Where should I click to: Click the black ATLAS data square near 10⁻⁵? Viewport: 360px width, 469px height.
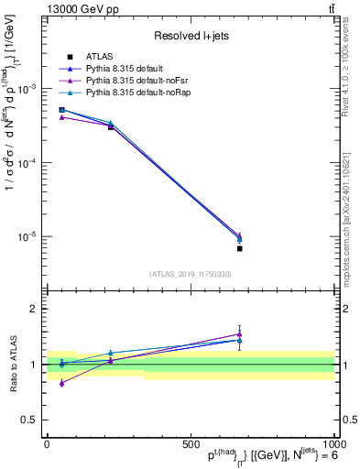coord(239,248)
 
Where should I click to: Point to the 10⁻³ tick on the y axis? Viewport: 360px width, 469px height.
coord(27,89)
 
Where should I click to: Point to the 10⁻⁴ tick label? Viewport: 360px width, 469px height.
coord(27,163)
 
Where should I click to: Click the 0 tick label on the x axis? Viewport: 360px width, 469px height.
coord(47,443)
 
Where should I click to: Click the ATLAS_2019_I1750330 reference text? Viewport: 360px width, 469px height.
coord(190,274)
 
